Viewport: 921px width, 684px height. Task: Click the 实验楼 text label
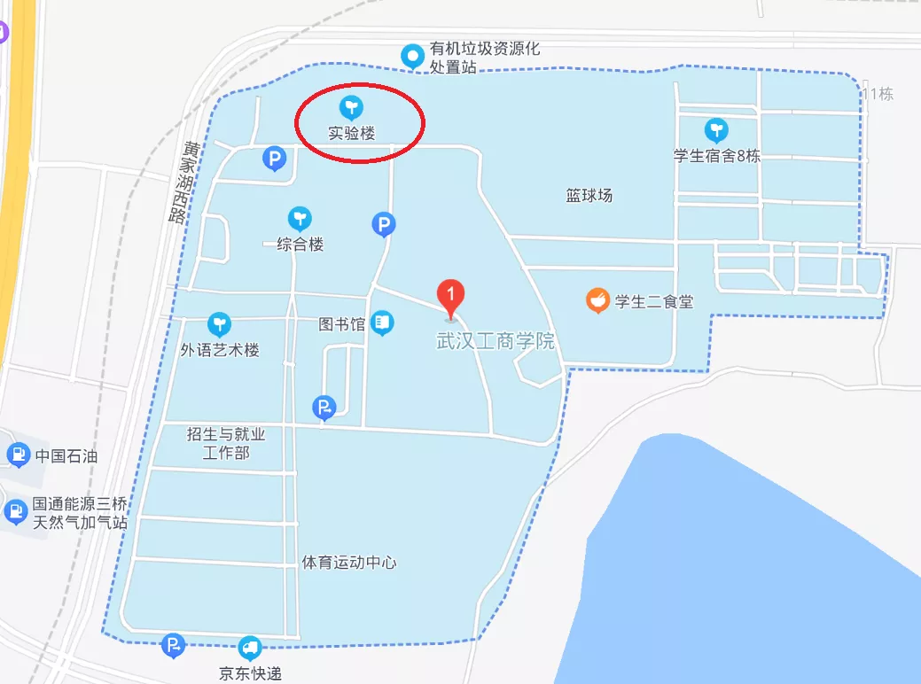pos(352,134)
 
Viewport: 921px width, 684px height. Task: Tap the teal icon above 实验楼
pos(351,108)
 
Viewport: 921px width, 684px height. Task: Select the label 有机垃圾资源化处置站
pos(484,58)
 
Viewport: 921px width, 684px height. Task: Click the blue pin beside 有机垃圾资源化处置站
pos(412,56)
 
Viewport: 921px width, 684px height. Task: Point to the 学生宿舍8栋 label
pos(716,156)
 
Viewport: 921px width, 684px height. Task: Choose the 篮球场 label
pos(589,195)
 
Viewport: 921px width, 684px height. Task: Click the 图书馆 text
pos(341,324)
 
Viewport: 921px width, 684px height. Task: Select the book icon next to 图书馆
pos(382,323)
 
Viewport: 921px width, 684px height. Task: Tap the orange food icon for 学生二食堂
pos(598,301)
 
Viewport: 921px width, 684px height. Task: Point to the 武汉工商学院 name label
pos(496,341)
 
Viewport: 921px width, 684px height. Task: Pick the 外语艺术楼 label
pos(220,350)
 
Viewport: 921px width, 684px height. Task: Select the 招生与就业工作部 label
pos(226,443)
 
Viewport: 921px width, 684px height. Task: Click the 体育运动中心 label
pos(348,562)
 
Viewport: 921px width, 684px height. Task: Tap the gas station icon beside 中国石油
pos(17,456)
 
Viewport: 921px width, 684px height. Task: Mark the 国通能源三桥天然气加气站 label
pos(80,513)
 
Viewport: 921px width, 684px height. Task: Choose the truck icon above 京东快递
pos(251,649)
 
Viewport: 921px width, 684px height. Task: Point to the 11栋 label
pos(878,94)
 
